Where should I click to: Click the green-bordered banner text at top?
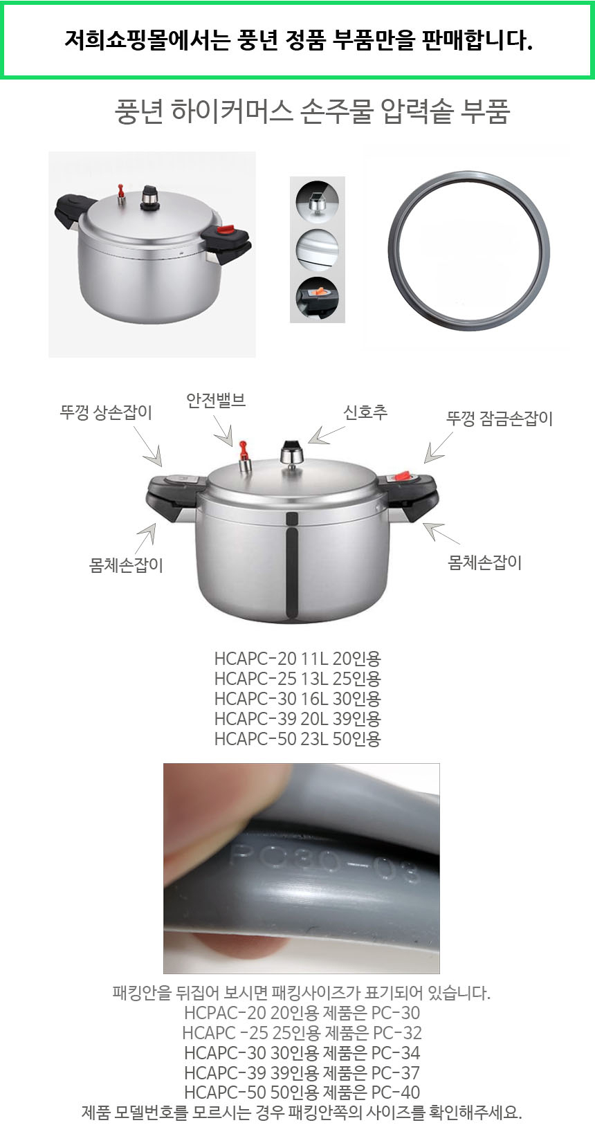298,40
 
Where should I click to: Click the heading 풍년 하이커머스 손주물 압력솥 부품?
312,111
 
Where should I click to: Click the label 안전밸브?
216,401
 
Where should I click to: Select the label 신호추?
365,412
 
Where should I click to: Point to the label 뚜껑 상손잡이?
106,412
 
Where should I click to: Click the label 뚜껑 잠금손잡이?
500,418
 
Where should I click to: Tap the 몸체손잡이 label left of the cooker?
126,565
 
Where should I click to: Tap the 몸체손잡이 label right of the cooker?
485,563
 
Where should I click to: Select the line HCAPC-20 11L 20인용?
297,659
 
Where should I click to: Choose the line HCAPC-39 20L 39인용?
297,719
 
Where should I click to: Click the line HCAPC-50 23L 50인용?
297,739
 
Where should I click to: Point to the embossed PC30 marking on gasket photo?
325,861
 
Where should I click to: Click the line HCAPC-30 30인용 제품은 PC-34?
302,1053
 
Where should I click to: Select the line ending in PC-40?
302,1092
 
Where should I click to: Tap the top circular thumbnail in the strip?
317,201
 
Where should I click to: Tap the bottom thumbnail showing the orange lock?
317,298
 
